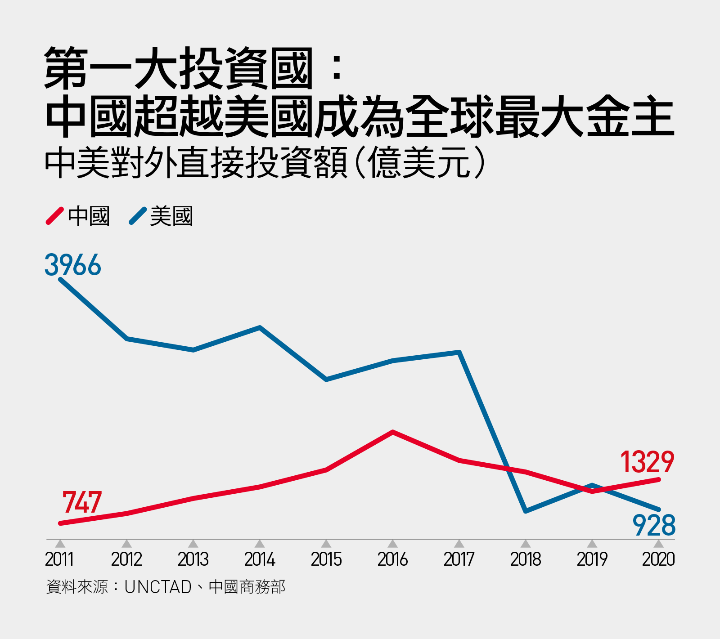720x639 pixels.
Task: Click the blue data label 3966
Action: coord(73,265)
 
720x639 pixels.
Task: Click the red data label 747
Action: coord(82,502)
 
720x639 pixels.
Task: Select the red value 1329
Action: coord(647,462)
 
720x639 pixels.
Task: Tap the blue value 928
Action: coord(654,525)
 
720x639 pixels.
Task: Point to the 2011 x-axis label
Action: coord(59,559)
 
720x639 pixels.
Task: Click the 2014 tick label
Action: coord(260,559)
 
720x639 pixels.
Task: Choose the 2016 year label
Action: coord(392,559)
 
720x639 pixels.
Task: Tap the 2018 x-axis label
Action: coord(526,559)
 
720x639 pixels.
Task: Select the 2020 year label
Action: coord(658,559)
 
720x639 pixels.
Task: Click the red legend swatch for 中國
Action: coord(54,216)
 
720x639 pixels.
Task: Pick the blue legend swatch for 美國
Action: coord(137,216)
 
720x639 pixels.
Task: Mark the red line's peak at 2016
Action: coord(393,432)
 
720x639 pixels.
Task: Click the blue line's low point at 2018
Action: coord(526,511)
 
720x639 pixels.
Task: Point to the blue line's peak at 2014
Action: coord(260,327)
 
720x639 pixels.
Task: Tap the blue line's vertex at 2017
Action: coord(459,352)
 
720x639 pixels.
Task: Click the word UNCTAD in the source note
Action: coord(158,587)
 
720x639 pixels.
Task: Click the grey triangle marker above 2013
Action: coord(193,544)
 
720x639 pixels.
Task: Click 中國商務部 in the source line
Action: coord(247,587)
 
